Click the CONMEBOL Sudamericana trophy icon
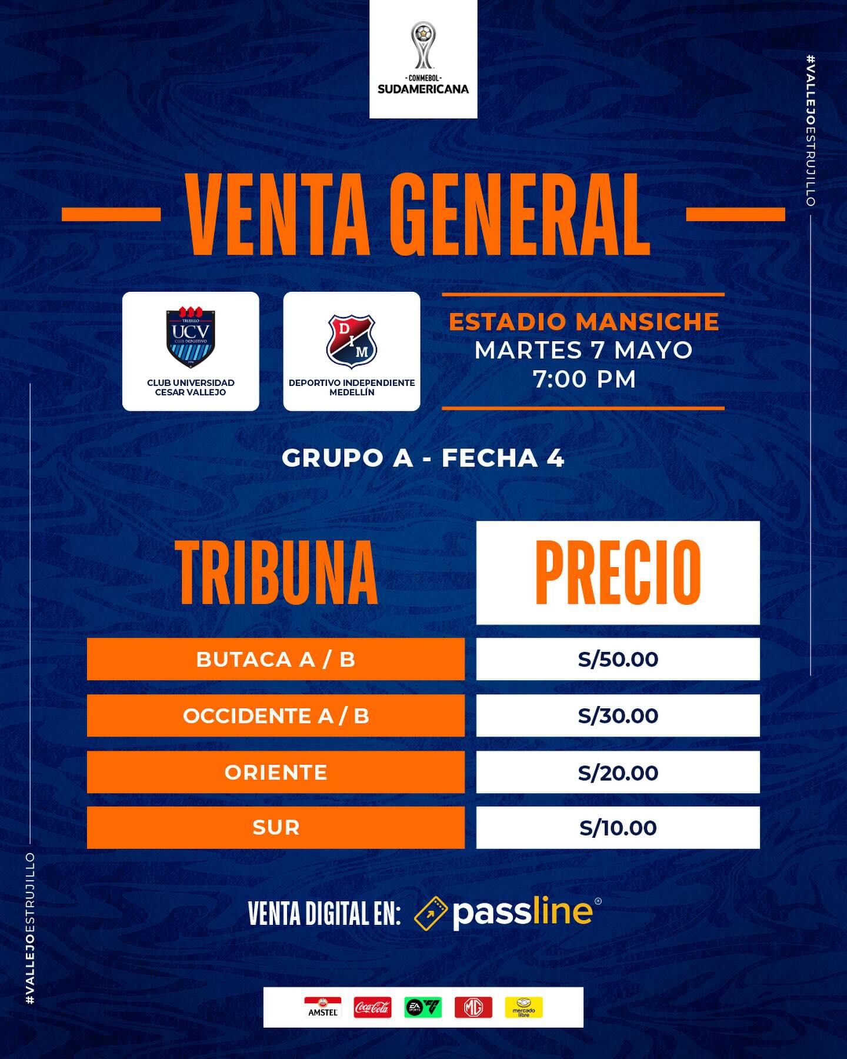point(423,45)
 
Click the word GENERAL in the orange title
point(519,214)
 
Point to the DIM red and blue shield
point(351,339)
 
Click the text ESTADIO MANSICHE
point(583,322)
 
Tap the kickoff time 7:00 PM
point(584,379)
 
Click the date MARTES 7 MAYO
point(583,351)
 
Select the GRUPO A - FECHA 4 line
point(423,458)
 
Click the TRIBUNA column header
point(278,573)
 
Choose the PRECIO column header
point(618,573)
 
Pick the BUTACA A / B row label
point(276,660)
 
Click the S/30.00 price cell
point(618,716)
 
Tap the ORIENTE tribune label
point(276,772)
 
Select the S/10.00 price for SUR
point(618,828)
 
